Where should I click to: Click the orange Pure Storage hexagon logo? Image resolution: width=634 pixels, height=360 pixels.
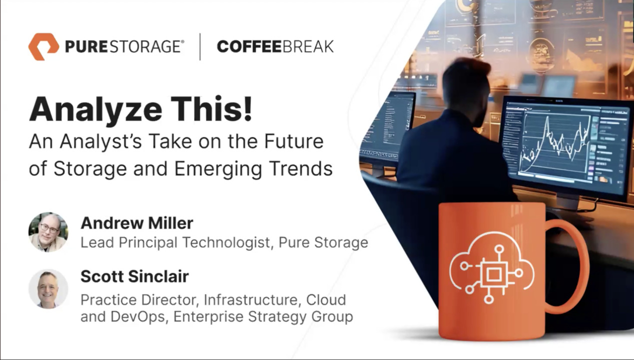click(43, 46)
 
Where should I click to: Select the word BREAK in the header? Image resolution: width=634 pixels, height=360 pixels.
click(308, 46)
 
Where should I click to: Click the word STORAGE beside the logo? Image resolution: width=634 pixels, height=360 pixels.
click(145, 46)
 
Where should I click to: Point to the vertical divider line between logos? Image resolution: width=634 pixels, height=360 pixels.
click(200, 46)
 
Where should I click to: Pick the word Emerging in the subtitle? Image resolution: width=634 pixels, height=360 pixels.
click(218, 169)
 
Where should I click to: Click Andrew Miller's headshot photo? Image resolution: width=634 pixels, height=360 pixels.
click(48, 232)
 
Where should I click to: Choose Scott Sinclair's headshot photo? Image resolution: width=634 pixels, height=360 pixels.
click(48, 289)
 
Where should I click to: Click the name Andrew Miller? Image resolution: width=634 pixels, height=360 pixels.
click(137, 223)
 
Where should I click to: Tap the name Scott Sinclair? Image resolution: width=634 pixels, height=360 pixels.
click(135, 276)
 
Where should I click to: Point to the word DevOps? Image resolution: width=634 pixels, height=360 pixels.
click(137, 316)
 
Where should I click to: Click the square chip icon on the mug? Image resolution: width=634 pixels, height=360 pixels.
click(494, 274)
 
